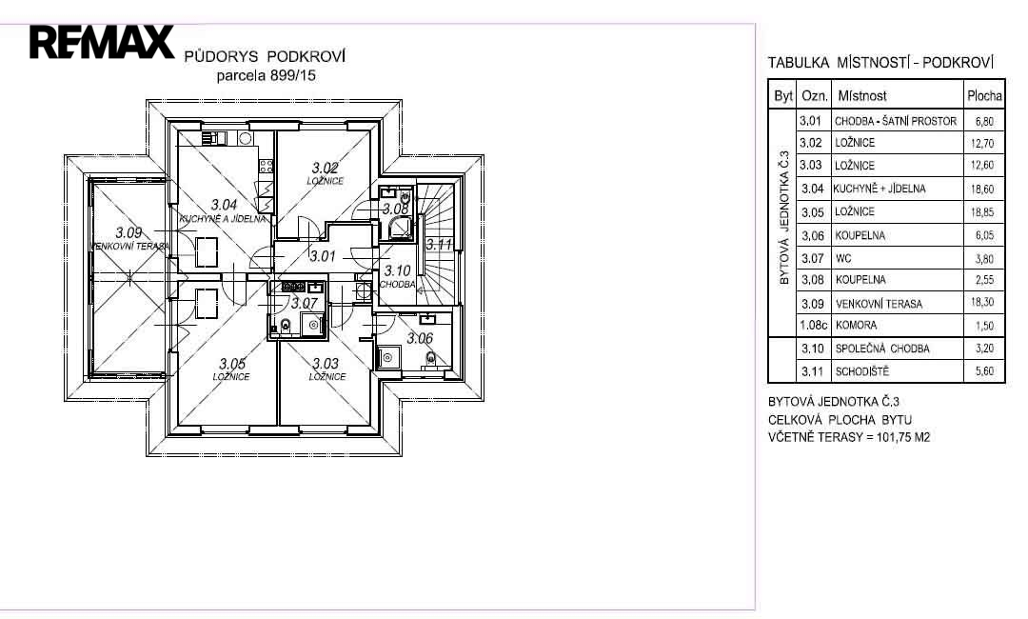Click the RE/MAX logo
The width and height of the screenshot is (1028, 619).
pyautogui.click(x=102, y=42)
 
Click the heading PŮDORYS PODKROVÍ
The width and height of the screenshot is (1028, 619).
pyautogui.click(x=265, y=56)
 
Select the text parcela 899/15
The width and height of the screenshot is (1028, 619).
pyautogui.click(x=267, y=75)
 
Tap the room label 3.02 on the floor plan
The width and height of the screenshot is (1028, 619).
pyautogui.click(x=326, y=169)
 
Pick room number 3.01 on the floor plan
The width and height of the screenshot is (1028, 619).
pyautogui.click(x=323, y=256)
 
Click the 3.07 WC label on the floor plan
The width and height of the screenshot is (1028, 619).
pyautogui.click(x=305, y=304)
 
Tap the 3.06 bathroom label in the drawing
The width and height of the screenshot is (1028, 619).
pyautogui.click(x=420, y=338)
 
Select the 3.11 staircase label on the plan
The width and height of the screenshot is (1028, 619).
pyautogui.click(x=439, y=245)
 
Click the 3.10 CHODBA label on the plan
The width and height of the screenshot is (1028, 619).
pyautogui.click(x=397, y=277)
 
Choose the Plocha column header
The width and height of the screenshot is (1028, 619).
pyautogui.click(x=984, y=96)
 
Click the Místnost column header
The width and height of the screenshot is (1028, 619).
pyautogui.click(x=862, y=96)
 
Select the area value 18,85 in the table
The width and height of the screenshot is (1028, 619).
pyautogui.click(x=982, y=212)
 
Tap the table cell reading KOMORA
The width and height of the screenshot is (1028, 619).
pyautogui.click(x=857, y=326)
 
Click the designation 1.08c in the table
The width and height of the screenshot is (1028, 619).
pyautogui.click(x=814, y=326)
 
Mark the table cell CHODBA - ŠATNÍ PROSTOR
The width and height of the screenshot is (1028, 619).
pyautogui.click(x=896, y=121)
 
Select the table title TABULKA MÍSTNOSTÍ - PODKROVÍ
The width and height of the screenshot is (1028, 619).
pyautogui.click(x=880, y=63)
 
